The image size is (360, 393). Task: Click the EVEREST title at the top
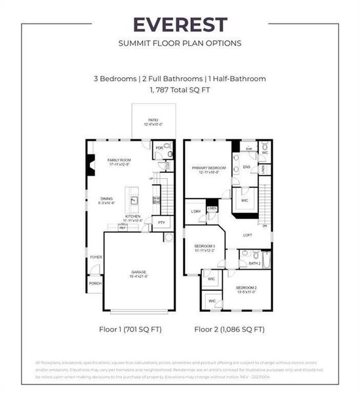pos(180,25)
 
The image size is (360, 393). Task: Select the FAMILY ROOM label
pos(120,162)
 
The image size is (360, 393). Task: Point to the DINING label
pos(107,200)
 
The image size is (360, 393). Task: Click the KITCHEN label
pos(134,217)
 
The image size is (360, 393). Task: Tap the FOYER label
pos(96,257)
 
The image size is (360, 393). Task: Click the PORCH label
pos(95,283)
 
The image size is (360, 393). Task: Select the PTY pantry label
pos(162,223)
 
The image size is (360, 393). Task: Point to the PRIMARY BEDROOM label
pos(209,169)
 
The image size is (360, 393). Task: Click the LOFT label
pos(247,234)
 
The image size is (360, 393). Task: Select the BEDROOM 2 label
pos(246,289)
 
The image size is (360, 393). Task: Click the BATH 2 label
pos(254,263)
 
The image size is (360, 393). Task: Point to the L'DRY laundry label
pos(196,212)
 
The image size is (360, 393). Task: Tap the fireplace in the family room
pos(90,162)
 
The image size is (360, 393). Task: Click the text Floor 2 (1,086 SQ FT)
pos(230,329)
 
